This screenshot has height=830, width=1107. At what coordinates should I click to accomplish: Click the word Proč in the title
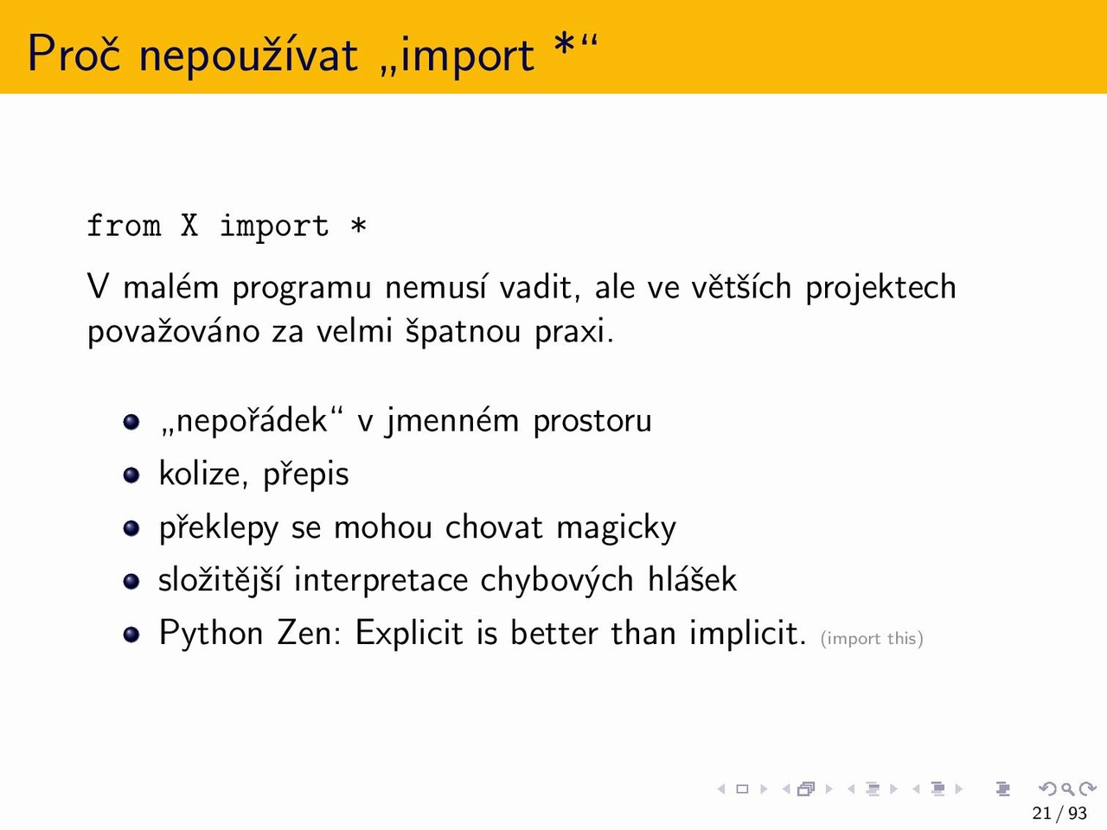(x=74, y=54)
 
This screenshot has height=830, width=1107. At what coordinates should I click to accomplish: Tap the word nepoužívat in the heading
(x=248, y=54)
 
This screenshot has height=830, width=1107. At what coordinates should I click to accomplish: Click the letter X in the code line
(x=189, y=226)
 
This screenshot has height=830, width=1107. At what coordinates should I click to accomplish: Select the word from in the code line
(x=124, y=225)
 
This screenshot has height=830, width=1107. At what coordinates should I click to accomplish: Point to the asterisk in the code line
(x=358, y=225)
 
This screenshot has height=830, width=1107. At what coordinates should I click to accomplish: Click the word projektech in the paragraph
(x=880, y=288)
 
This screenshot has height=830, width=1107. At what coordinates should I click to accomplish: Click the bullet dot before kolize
(x=131, y=475)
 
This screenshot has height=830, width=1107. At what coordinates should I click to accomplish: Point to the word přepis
(x=305, y=475)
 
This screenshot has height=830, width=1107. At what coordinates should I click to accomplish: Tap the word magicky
(x=616, y=528)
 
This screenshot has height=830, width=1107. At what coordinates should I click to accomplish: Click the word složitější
(x=220, y=580)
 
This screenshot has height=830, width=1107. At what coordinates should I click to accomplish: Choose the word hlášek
(x=692, y=579)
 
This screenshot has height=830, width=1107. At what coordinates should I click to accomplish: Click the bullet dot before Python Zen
(x=131, y=634)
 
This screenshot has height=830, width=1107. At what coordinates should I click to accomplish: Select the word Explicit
(x=409, y=634)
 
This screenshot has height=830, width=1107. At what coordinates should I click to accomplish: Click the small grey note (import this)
(x=872, y=639)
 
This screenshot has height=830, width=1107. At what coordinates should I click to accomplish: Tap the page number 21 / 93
(x=1059, y=813)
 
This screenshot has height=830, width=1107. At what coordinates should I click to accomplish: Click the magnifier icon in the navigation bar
(x=1067, y=789)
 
